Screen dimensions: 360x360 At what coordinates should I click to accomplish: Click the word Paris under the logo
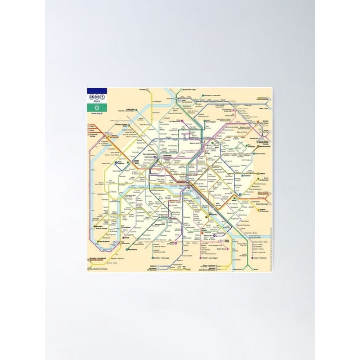tap(97, 102)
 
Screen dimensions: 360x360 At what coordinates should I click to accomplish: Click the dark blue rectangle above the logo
tap(97, 90)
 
